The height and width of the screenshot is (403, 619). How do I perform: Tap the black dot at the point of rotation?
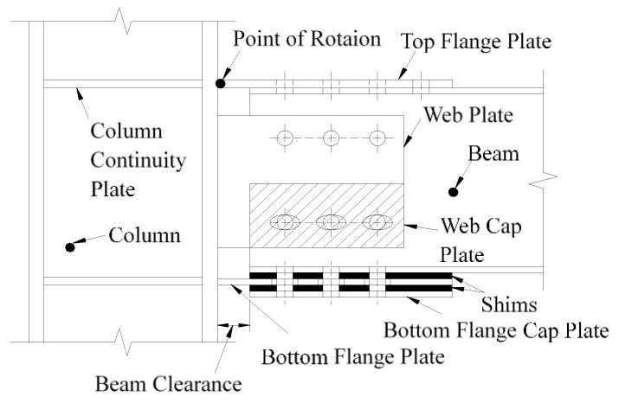point(222,83)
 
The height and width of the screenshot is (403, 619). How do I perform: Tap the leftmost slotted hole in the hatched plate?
point(285,222)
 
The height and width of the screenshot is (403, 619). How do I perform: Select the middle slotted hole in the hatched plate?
point(331,222)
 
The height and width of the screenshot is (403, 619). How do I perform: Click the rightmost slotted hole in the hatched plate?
point(377,222)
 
